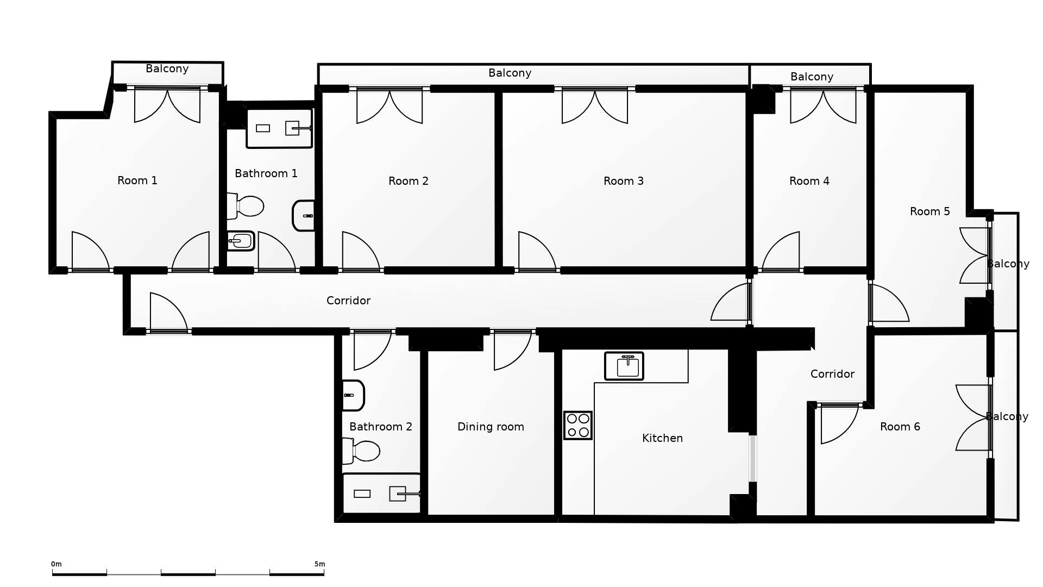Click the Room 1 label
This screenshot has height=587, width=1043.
click(137, 180)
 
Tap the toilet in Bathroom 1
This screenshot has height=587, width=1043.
click(247, 206)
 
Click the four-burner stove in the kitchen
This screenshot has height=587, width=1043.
click(577, 425)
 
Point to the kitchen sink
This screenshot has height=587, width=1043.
click(624, 366)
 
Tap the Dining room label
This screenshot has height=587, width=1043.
click(491, 427)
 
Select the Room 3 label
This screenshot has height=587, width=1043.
click(623, 181)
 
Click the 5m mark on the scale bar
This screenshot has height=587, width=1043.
click(319, 564)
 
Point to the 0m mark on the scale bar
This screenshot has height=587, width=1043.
click(56, 564)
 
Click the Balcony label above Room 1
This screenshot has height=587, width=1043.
click(167, 68)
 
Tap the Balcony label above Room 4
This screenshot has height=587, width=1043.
click(812, 77)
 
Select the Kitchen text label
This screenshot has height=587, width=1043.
click(662, 438)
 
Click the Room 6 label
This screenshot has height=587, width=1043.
click(900, 427)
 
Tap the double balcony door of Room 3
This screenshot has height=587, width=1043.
click(595, 106)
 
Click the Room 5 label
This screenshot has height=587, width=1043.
click(929, 211)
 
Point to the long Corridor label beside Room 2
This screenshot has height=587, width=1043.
click(348, 301)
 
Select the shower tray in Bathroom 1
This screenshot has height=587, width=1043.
click(279, 128)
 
